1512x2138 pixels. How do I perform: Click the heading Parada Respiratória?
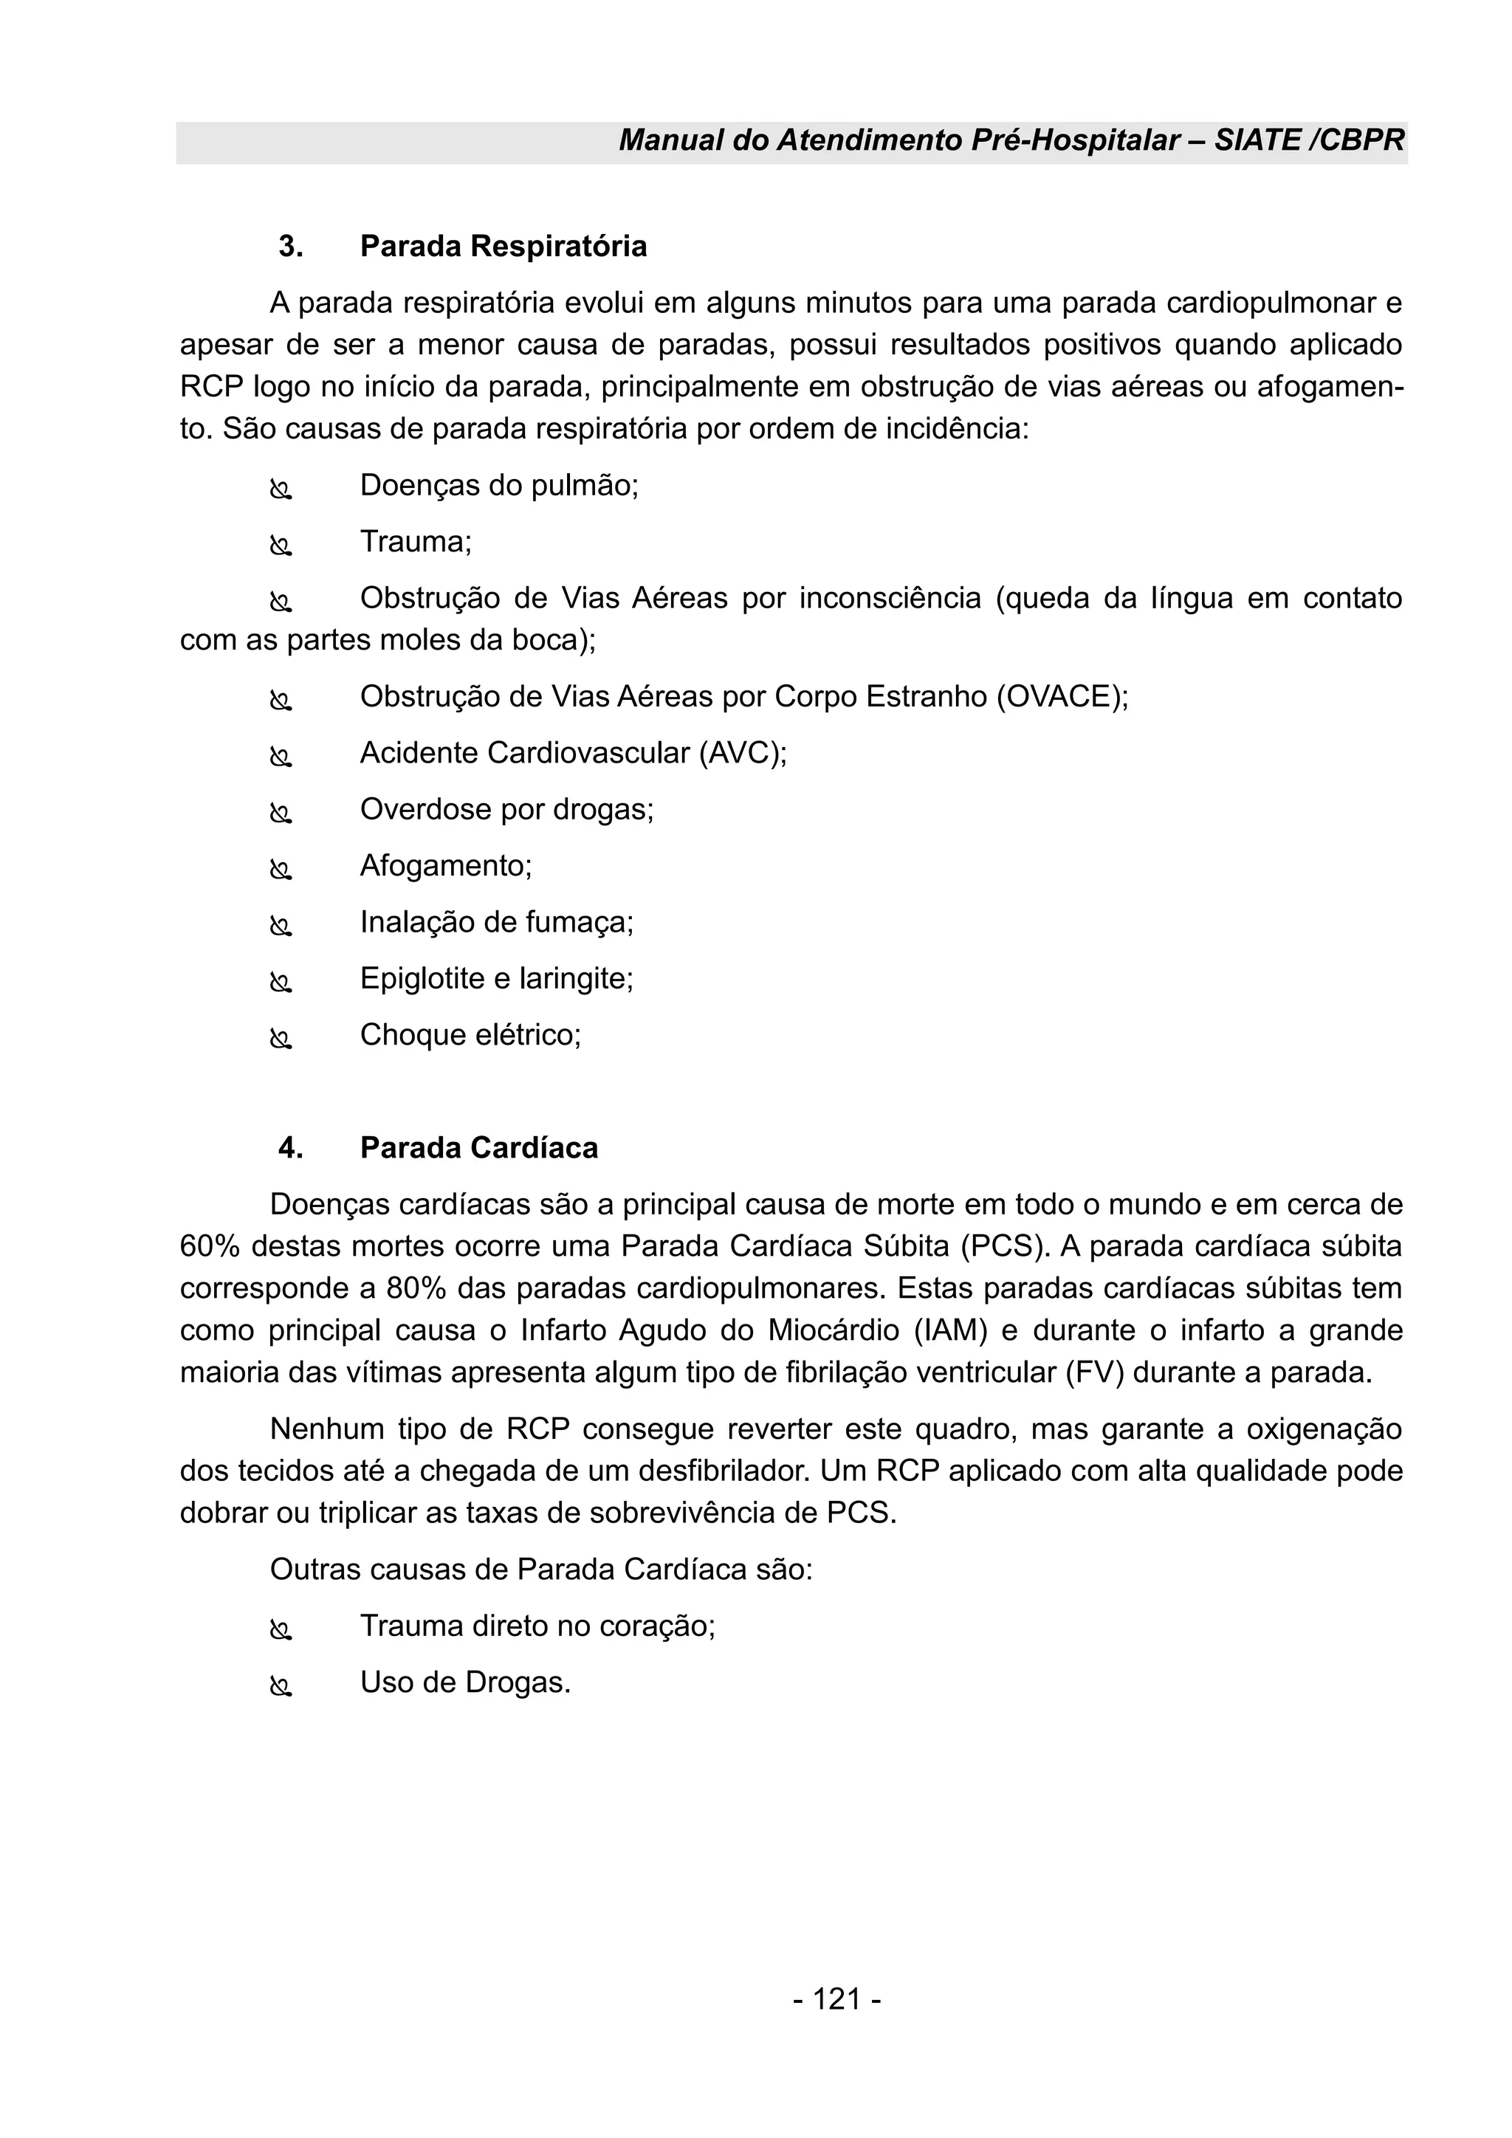coord(503,247)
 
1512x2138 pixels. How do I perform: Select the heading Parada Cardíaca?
coord(478,1148)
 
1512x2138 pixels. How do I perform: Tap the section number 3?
coord(290,247)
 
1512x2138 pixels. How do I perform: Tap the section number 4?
coord(290,1148)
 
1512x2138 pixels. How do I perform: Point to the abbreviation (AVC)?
coord(742,752)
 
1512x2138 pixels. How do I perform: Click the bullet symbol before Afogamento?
coord(281,870)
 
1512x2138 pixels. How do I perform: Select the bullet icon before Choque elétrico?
coord(281,1039)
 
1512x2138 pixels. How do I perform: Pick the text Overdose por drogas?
coord(506,809)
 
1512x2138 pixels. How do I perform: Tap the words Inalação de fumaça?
coord(496,922)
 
